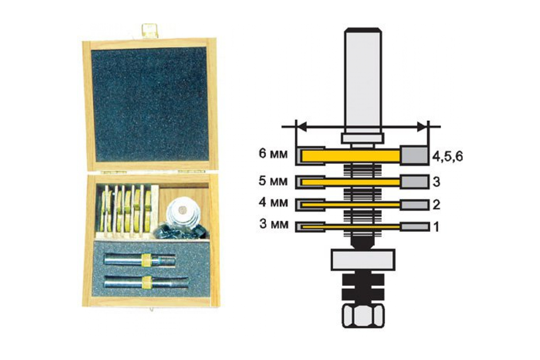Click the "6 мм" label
(273, 154)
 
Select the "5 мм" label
(273, 181)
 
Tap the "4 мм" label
(274, 202)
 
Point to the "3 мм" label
(274, 224)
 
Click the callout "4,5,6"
(447, 157)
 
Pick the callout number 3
(436, 182)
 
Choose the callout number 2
(436, 205)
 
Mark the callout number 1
(436, 227)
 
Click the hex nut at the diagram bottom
(363, 316)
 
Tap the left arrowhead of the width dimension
(302, 127)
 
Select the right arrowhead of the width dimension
(422, 127)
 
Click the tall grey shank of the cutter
(363, 80)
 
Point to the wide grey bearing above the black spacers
(363, 260)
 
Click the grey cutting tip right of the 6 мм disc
(414, 156)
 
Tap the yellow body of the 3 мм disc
(350, 227)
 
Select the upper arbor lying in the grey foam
(139, 260)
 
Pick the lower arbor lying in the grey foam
(146, 282)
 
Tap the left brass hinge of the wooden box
(113, 172)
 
